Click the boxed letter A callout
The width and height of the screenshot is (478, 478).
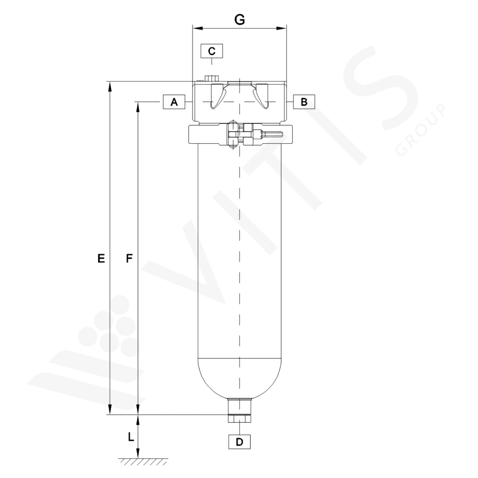(174, 102)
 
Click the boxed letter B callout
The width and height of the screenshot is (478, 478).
(304, 102)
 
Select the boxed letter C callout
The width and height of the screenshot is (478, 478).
(212, 51)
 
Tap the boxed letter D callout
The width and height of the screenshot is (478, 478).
(239, 442)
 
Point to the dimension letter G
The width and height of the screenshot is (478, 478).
(240, 20)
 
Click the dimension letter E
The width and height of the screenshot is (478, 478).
(101, 258)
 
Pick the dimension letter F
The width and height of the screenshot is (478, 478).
(129, 258)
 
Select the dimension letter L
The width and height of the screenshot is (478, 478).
(131, 437)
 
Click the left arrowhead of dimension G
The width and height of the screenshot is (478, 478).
(197, 28)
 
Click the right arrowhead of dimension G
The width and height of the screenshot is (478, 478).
(281, 28)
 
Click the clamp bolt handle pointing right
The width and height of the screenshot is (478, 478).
(272, 134)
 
